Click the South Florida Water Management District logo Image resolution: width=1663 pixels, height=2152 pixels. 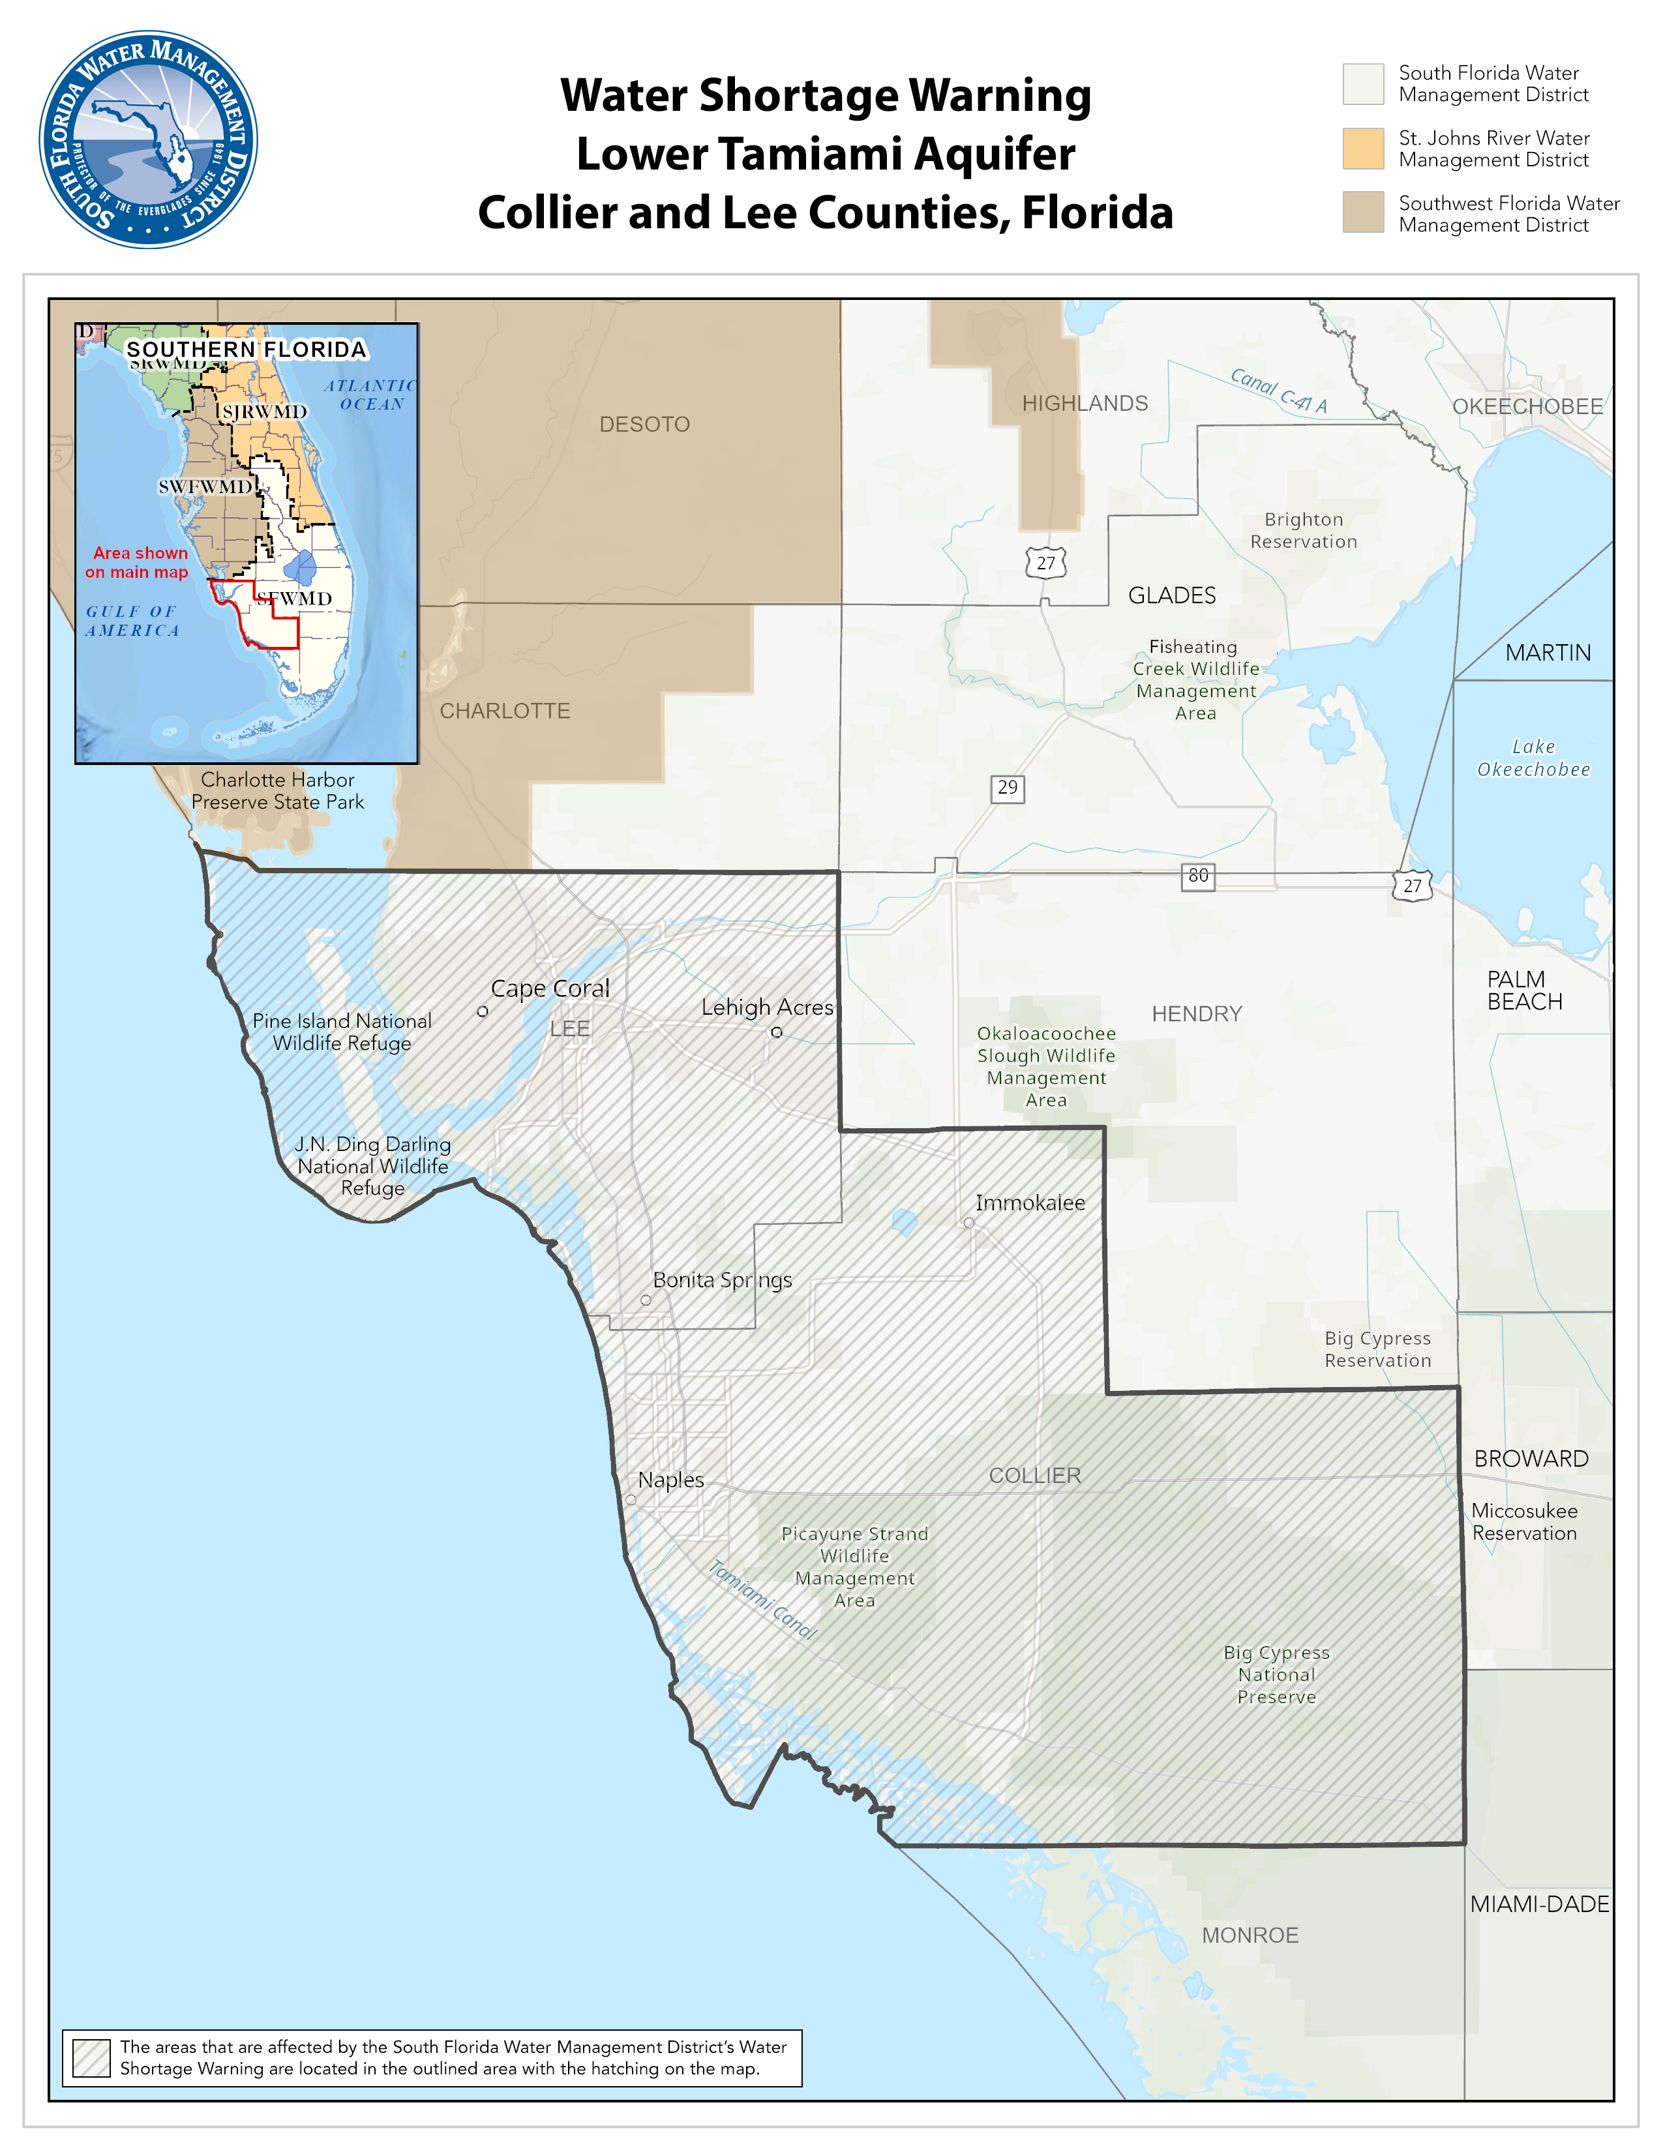(x=148, y=139)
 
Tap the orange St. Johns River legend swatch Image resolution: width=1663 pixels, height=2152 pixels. (x=1362, y=149)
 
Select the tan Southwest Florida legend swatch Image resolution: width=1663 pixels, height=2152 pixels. (x=1362, y=213)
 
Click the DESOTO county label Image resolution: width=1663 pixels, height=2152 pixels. (x=644, y=425)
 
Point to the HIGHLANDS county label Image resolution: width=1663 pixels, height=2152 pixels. (x=1085, y=403)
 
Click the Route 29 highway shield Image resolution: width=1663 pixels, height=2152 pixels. (x=1007, y=788)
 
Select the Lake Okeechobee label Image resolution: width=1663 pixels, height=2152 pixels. (x=1533, y=758)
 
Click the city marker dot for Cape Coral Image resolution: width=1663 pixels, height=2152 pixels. (x=483, y=1011)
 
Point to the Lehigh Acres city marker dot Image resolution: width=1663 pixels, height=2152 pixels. (x=776, y=1032)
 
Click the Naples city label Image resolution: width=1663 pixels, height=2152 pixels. (x=671, y=1480)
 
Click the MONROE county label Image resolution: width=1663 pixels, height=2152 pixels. (x=1250, y=1935)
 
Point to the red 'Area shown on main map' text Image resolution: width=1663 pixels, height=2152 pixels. (x=137, y=563)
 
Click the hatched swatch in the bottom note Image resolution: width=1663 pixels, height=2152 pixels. (x=91, y=2058)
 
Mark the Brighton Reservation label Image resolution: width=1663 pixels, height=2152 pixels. (x=1304, y=530)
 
